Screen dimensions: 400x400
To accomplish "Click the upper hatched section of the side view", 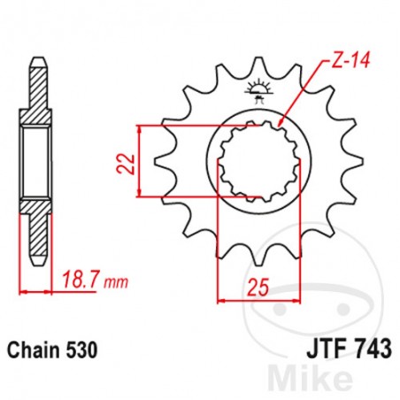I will point(36,98).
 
